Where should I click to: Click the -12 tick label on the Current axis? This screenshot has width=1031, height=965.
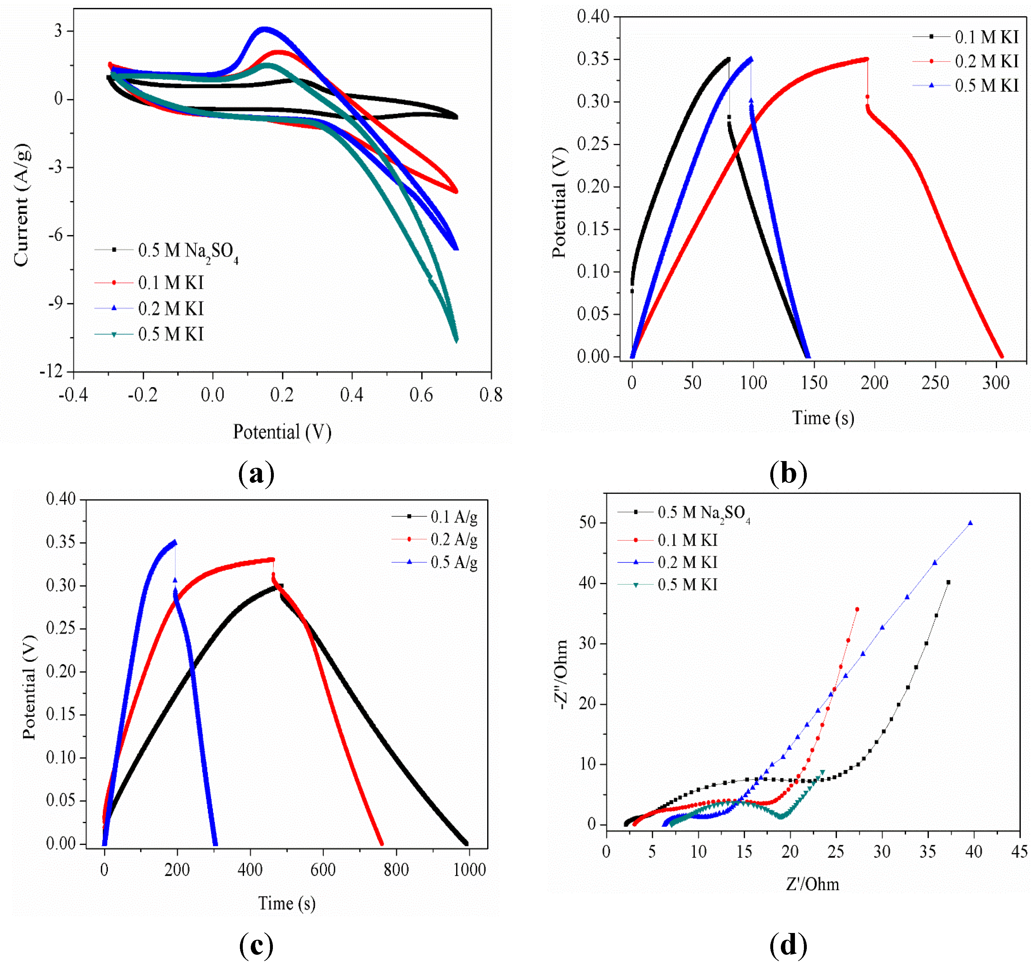tap(51, 371)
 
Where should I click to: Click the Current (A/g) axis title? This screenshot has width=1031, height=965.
tap(21, 205)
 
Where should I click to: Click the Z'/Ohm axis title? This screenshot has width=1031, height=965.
tap(812, 884)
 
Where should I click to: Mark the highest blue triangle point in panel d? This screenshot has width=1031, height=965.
tap(970, 523)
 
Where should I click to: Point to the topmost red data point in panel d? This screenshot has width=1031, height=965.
tap(857, 610)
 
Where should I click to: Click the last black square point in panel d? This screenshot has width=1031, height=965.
tap(949, 582)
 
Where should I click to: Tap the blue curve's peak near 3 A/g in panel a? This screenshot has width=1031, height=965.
tap(265, 29)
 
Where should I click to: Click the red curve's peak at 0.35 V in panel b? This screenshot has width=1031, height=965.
tap(867, 59)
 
